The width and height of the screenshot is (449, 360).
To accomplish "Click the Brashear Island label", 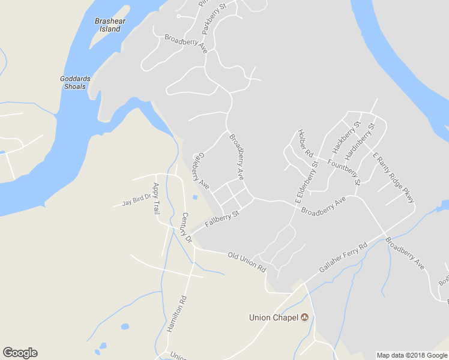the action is pyautogui.click(x=108, y=25).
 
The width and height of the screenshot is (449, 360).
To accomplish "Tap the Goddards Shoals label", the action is pyautogui.click(x=73, y=82).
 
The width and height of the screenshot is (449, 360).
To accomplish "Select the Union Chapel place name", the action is pyautogui.click(x=274, y=317).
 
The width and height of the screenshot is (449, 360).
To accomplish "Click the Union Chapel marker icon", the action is pyautogui.click(x=305, y=317).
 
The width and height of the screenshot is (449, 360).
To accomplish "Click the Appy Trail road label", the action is pyautogui.click(x=157, y=199).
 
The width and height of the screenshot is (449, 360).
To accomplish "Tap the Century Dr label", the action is pyautogui.click(x=186, y=227).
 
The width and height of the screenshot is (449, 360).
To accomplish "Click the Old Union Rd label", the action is pyautogui.click(x=246, y=262).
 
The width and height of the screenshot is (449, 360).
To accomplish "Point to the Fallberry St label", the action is pyautogui.click(x=221, y=218).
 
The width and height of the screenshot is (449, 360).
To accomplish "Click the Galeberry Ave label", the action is pyautogui.click(x=200, y=171).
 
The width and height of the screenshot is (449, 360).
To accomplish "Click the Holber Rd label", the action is pyautogui.click(x=306, y=144).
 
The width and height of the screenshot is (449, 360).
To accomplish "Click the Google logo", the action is pyautogui.click(x=20, y=353).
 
